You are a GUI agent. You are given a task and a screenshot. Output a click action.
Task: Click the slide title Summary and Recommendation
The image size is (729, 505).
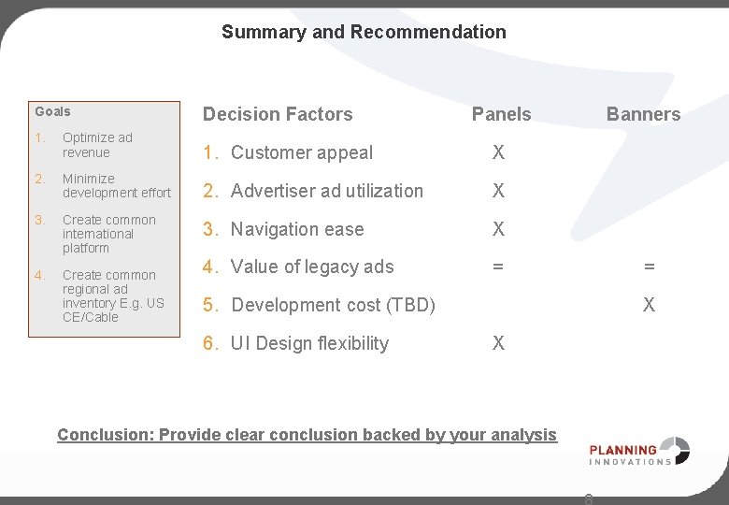point(364,32)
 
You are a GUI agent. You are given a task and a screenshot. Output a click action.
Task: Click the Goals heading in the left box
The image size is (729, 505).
point(52,111)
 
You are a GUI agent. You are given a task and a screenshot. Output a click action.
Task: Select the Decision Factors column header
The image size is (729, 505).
point(278,114)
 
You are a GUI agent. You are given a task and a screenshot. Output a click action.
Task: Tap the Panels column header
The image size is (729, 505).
point(501,114)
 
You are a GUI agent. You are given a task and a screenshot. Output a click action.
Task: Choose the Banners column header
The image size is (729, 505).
point(643,114)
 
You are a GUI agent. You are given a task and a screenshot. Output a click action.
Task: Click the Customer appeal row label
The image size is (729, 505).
point(301,152)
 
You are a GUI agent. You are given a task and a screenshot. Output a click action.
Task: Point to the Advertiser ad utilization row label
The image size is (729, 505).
point(326,191)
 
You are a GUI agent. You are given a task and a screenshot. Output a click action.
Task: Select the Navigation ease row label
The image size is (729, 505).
point(297,229)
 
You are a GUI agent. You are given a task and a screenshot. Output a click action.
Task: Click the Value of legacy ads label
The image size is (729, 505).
point(312,267)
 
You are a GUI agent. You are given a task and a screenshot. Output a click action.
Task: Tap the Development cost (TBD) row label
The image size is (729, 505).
point(333,305)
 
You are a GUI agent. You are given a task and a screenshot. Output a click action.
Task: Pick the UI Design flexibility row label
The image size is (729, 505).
point(309,343)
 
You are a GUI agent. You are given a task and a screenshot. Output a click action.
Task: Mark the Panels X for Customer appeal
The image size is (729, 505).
point(498,152)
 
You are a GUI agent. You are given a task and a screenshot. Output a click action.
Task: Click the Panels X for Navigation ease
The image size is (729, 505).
point(498,229)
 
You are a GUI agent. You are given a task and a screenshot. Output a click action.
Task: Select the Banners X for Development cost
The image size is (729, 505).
point(649,305)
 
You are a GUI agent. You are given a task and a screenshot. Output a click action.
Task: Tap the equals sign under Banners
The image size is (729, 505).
point(649,267)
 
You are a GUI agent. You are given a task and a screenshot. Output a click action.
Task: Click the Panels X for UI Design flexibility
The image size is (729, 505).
point(498,343)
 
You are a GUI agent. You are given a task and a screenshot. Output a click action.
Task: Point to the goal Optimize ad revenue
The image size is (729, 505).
point(97,145)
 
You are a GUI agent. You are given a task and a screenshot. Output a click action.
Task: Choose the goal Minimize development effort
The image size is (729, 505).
point(116,186)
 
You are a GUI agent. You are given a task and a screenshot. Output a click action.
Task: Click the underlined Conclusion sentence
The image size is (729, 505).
point(307,434)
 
